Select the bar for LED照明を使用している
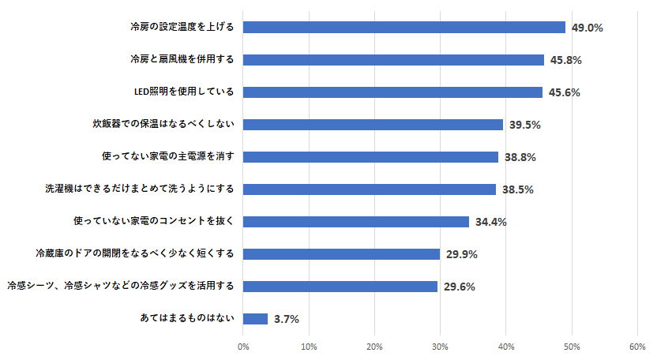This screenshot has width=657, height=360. [392, 92]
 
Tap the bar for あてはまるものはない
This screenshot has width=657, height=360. [255, 319]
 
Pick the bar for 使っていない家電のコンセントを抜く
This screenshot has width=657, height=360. [356, 222]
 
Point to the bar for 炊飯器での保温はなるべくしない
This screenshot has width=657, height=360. [373, 125]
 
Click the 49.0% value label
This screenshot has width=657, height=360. [588, 28]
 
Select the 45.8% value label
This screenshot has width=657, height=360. [566, 60]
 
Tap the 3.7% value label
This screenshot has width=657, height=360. [286, 320]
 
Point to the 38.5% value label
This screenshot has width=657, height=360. [518, 189]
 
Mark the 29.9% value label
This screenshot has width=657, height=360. [462, 254]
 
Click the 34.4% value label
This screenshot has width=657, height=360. [491, 222]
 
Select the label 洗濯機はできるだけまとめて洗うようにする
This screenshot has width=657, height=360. [139, 189]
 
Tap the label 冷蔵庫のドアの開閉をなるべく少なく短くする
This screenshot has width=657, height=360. [134, 253]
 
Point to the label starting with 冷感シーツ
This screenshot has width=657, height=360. [120, 286]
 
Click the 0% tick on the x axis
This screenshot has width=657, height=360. [243, 347]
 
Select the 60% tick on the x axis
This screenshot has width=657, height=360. [637, 347]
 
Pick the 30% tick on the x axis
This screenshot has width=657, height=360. [441, 347]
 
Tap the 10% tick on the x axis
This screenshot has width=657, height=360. [309, 347]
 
